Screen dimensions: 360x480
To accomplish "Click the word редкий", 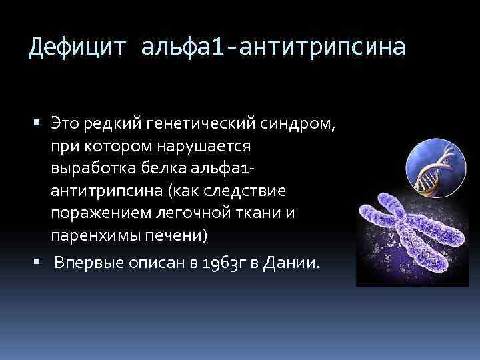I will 109,122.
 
